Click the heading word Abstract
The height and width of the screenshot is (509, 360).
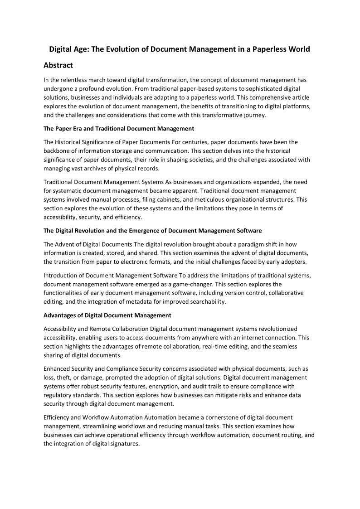58,65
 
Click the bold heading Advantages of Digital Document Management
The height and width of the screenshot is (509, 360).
107,315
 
